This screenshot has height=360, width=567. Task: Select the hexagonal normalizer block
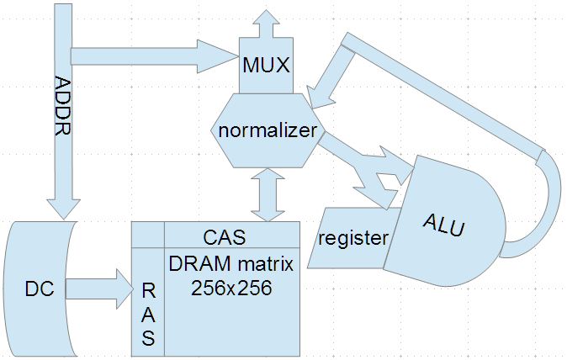[x=266, y=130]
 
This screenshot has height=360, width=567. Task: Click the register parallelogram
[x=352, y=238]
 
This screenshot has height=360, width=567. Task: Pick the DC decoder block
[x=37, y=289]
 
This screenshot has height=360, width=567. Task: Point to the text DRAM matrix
[x=231, y=265]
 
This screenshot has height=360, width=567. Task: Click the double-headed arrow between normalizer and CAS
[x=266, y=193]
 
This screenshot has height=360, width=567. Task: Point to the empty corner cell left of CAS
[x=148, y=235]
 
